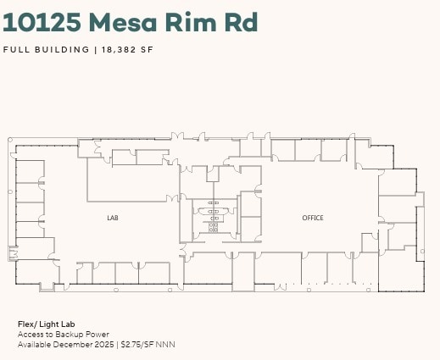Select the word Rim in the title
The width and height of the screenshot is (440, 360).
(x=197, y=22)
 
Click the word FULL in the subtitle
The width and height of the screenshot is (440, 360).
(x=16, y=49)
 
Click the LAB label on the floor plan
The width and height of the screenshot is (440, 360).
(x=113, y=219)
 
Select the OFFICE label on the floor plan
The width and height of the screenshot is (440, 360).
(x=313, y=219)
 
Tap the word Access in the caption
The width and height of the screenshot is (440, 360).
(x=31, y=335)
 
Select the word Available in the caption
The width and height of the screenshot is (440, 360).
(x=35, y=345)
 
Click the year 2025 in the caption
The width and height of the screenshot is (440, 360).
(x=106, y=345)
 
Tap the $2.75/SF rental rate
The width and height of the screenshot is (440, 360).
(x=136, y=345)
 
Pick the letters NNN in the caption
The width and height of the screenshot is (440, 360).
(x=164, y=345)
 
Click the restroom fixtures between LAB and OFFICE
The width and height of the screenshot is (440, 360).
(x=213, y=216)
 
